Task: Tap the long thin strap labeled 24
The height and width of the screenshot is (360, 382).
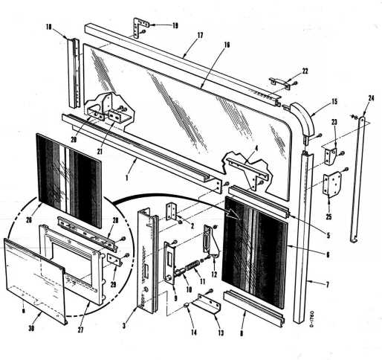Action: [359, 179]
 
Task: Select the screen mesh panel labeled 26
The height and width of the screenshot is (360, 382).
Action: [68, 179]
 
